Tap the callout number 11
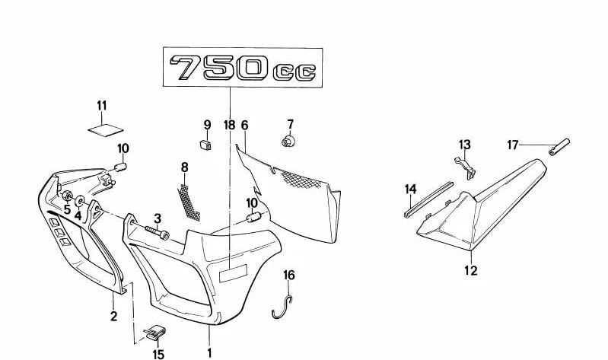click(102, 105)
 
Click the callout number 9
click(206, 125)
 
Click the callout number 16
click(289, 275)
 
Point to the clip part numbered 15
click(156, 333)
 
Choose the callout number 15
click(158, 354)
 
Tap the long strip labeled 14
click(430, 199)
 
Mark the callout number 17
click(513, 144)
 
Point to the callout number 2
click(113, 317)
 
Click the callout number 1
click(209, 352)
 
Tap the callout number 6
click(244, 125)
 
